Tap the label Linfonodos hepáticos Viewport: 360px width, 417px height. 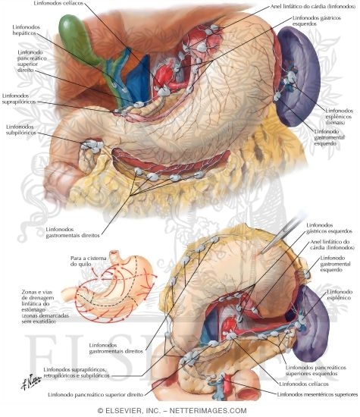point(27,30)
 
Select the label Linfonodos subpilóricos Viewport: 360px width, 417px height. point(21,130)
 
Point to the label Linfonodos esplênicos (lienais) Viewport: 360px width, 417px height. point(340,117)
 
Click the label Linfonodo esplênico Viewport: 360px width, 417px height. point(340,295)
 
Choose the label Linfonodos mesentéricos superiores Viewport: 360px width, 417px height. point(318,394)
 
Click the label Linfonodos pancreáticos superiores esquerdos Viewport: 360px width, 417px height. point(316,371)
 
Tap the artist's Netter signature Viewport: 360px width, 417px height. point(30,381)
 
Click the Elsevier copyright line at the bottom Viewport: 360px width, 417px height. point(172,411)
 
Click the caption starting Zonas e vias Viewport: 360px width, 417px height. point(45,306)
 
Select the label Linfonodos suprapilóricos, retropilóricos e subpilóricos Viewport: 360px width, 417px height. point(77,372)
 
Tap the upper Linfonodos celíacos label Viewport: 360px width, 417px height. point(58,4)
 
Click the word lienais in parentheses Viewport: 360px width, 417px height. point(335,123)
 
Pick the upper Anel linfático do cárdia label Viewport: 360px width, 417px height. point(313,6)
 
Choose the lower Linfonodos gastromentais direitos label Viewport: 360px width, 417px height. point(116,348)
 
